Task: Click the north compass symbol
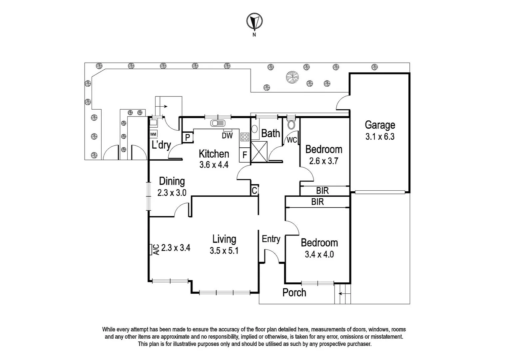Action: click(254, 22)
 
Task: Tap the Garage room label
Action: click(380, 125)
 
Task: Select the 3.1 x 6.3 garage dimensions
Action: click(380, 136)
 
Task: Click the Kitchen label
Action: click(214, 154)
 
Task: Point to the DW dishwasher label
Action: click(227, 135)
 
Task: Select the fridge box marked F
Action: click(245, 155)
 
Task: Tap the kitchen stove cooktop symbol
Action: click(245, 136)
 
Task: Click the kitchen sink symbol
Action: click(218, 123)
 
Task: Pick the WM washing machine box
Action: click(153, 134)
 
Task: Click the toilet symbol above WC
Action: click(291, 124)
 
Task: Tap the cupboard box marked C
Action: click(254, 190)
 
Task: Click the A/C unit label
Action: click(155, 249)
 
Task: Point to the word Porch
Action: click(294, 292)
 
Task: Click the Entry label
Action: click(271, 239)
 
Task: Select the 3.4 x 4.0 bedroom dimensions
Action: click(319, 254)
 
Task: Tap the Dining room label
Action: click(172, 181)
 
